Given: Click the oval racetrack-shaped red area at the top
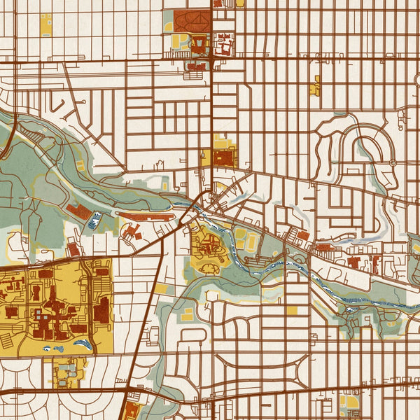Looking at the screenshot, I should coord(191,20).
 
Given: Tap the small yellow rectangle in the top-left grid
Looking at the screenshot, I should coord(46,24).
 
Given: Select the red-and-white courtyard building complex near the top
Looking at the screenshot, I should coord(225,45).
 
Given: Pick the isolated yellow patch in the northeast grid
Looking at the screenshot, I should coord(316,85).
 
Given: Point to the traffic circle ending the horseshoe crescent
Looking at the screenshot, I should coord(393,162).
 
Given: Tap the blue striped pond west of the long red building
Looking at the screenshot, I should coord(93,223).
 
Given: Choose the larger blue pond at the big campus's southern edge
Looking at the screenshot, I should coord(83,344).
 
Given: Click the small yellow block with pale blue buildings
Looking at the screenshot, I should coord(68,370).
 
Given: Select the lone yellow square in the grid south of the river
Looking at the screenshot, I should coord(291,309).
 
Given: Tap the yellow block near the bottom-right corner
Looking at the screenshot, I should coord(349,402).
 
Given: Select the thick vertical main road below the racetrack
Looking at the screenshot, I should coord(211,105).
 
